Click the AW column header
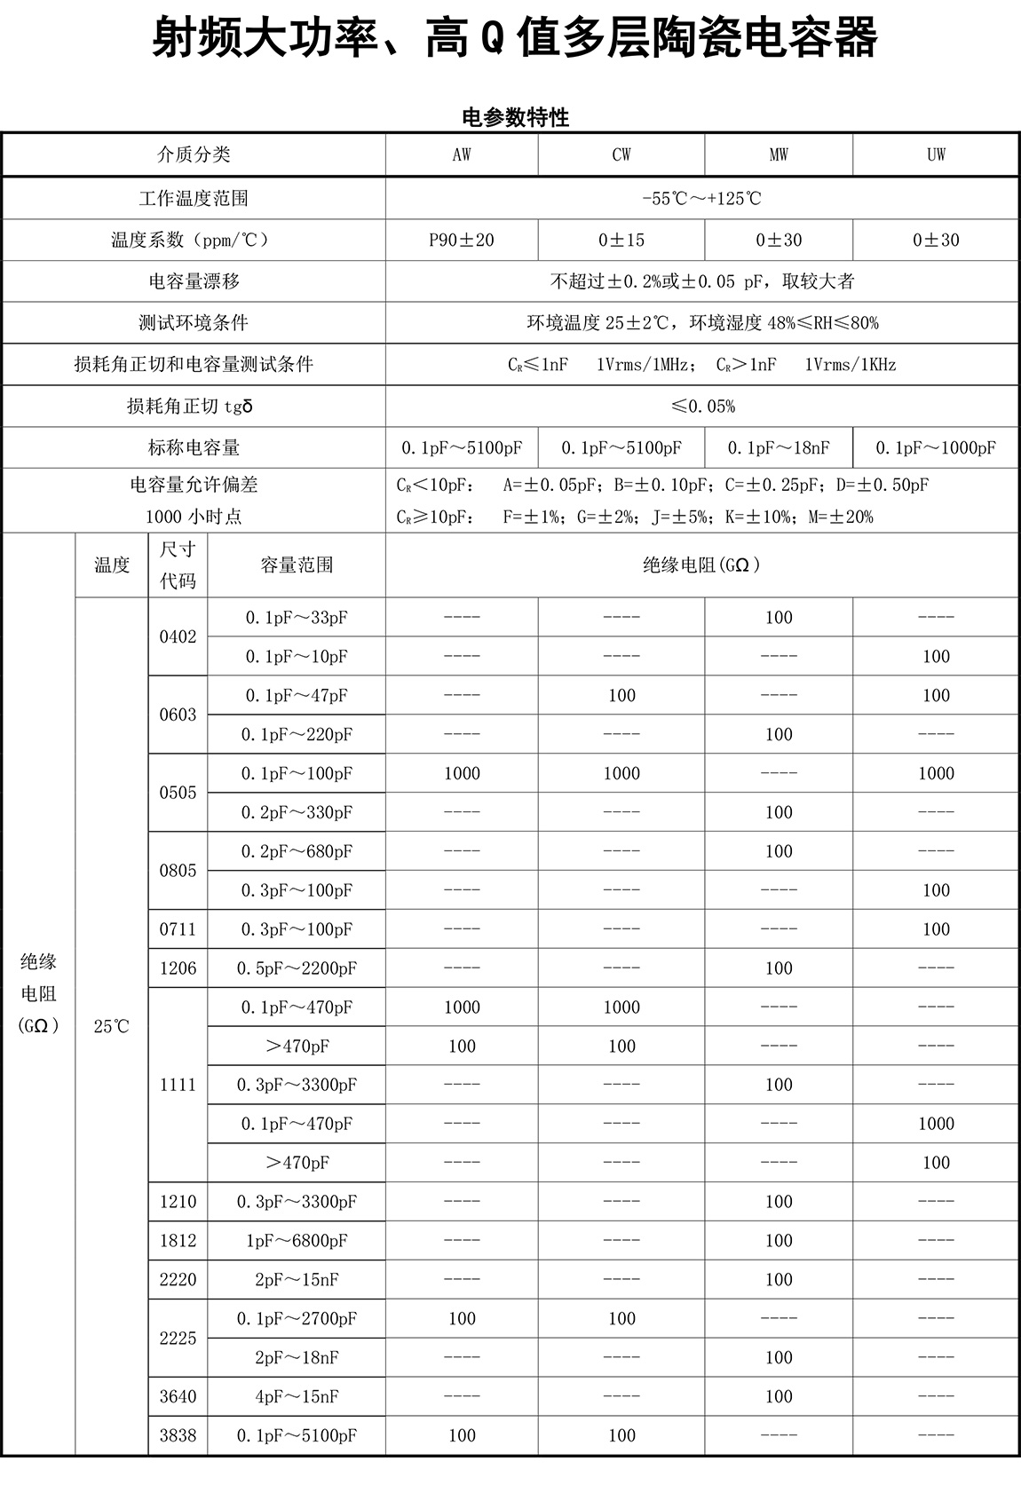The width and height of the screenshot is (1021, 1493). click(x=462, y=154)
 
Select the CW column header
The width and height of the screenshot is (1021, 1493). click(x=621, y=154)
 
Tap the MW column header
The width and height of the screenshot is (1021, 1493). click(x=779, y=154)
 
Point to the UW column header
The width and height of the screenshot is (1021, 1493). click(x=936, y=154)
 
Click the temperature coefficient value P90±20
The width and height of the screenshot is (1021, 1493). click(x=462, y=240)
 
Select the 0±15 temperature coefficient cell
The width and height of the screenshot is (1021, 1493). click(x=621, y=240)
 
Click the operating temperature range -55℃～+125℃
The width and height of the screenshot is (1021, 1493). click(x=701, y=198)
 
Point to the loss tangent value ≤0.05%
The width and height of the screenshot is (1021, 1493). click(x=702, y=407)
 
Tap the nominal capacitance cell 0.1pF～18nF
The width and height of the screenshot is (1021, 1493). click(x=779, y=448)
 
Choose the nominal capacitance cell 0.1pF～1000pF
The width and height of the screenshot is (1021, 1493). click(x=936, y=448)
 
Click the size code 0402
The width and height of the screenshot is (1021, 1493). click(x=178, y=636)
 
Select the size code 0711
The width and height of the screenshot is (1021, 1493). click(x=178, y=929)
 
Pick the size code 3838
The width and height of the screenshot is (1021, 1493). click(x=178, y=1435)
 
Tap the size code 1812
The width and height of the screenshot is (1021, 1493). click(x=178, y=1240)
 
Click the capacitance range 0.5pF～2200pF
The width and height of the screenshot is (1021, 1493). click(x=297, y=968)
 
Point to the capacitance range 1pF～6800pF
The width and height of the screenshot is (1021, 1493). click(x=297, y=1240)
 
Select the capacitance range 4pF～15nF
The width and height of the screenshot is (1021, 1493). click(x=297, y=1396)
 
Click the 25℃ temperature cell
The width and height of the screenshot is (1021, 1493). click(x=111, y=1026)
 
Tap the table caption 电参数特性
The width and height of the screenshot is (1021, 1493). click(x=516, y=117)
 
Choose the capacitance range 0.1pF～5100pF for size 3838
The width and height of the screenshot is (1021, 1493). click(x=297, y=1435)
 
